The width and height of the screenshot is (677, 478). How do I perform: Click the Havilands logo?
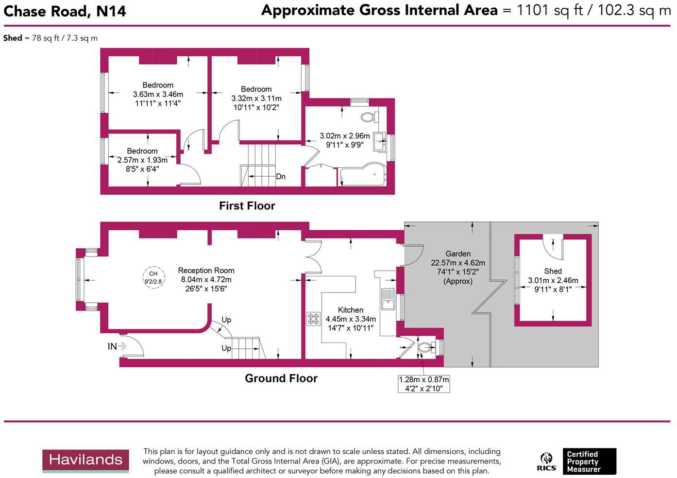[85, 461]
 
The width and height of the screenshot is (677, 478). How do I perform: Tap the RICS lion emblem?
[546, 461]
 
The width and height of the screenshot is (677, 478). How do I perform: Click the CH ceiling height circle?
[153, 277]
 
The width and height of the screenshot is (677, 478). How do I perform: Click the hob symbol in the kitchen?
[313, 319]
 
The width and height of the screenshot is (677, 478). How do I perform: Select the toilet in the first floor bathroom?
[371, 117]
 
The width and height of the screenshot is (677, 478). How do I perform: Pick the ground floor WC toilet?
[426, 347]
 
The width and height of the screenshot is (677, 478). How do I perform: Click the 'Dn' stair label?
[281, 176]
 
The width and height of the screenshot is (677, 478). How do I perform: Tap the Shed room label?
[553, 271]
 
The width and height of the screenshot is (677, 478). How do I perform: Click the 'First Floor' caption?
[247, 206]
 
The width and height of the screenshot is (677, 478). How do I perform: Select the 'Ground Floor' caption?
[281, 378]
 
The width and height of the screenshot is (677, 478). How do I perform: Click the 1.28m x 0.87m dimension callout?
[423, 384]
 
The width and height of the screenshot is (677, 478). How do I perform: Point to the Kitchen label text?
[350, 310]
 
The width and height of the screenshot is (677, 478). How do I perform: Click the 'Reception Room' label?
[206, 271]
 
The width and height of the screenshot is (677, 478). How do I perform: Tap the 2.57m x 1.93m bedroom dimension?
[142, 160]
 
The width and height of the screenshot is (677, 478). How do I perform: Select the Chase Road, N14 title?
[65, 11]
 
